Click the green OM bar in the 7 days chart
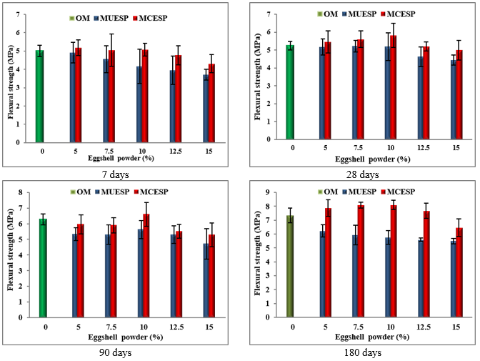tap(39, 97)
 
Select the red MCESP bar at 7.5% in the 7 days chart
tap(111, 97)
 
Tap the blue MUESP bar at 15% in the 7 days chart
tap(206, 109)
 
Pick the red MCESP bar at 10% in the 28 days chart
tap(393, 87)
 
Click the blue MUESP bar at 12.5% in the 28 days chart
tap(421, 98)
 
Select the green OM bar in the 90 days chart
tap(43, 268)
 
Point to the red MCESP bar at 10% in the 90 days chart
tap(146, 266)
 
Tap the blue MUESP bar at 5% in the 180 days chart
tap(323, 275)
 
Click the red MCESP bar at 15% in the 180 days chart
tap(459, 272)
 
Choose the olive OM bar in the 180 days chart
tap(290, 267)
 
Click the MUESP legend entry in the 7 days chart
tap(111, 19)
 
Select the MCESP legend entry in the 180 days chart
tap(398, 192)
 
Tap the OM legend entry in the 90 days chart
tap(81, 192)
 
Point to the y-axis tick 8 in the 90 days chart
tap(21, 193)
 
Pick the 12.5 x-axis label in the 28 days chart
tap(423, 148)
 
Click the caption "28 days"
tap(362, 174)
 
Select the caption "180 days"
tap(363, 352)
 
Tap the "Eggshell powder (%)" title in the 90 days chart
tap(126, 337)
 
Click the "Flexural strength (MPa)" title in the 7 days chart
tap(11, 81)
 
